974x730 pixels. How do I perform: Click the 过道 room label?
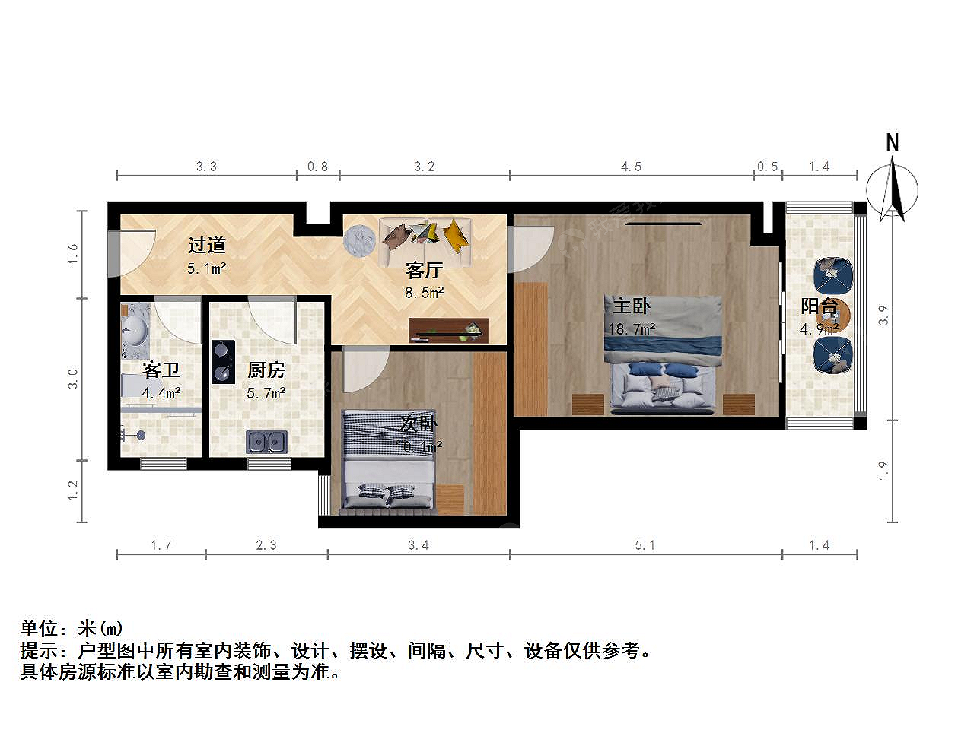coord(207,245)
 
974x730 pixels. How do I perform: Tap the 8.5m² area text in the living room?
coord(424,293)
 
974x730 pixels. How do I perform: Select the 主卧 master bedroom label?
coord(632,306)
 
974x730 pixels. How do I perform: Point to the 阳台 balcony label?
coord(819,306)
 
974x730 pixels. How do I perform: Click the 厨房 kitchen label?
coord(266,370)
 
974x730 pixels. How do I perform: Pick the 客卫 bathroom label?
coord(161,370)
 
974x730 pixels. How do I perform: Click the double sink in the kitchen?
coord(266,442)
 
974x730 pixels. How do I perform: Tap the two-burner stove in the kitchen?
coord(223,362)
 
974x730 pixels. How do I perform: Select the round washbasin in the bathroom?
coord(135,330)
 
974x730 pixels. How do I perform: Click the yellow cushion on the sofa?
coord(456,236)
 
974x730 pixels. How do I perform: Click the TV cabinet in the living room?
coord(449,330)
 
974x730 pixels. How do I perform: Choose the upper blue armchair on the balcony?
coord(833,275)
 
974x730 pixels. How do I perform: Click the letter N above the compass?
coord(893,143)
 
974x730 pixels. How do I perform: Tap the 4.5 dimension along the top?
coord(631,167)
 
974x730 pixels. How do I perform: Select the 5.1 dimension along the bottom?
coord(645,545)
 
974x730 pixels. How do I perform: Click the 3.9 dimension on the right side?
coord(883,315)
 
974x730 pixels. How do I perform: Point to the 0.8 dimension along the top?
coord(318,167)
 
